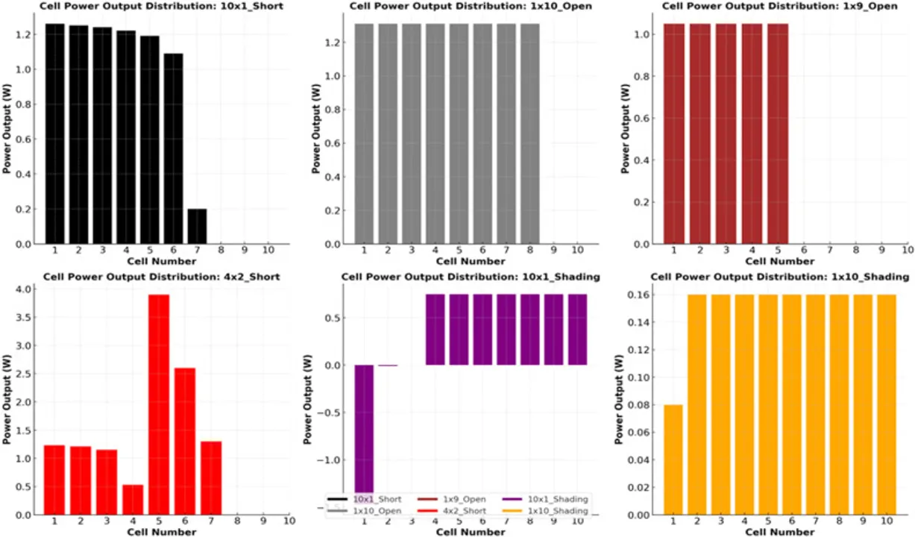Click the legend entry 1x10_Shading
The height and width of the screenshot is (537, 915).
point(558,511)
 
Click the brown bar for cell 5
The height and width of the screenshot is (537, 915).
point(776,134)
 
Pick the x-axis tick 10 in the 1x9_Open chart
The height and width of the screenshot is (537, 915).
point(905,250)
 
